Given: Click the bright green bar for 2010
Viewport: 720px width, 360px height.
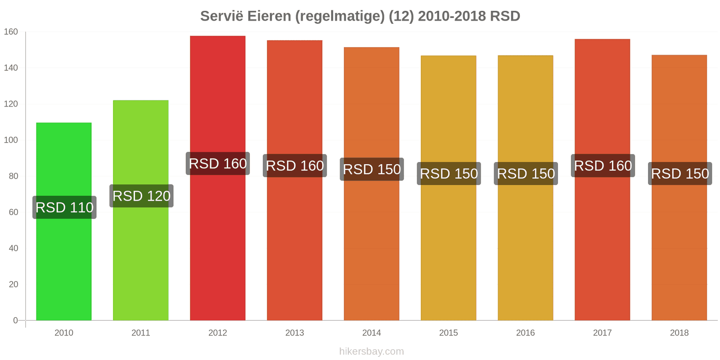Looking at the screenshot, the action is point(63,221).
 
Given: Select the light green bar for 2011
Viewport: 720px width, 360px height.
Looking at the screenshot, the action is point(141,210).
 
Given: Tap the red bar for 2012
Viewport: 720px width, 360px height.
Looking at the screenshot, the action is point(218,178).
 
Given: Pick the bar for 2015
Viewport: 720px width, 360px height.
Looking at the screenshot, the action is point(448,188).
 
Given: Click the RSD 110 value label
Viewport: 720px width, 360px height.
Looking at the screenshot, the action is point(64,207).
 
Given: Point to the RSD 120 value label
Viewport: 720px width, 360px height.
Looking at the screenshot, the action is point(141,196).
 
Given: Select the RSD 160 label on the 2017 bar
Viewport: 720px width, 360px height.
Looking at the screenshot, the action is point(603,166).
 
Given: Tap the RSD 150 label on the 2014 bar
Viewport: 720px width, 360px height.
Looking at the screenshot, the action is point(372,169).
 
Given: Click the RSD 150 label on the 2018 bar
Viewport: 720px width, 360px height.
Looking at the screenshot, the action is point(680,174).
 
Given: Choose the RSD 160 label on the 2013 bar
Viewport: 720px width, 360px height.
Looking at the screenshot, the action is point(295,166).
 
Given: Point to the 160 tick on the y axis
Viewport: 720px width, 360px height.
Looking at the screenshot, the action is point(11,32).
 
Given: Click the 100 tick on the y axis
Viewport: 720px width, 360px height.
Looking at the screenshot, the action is point(11,140).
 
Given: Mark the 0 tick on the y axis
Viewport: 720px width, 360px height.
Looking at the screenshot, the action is point(15,320).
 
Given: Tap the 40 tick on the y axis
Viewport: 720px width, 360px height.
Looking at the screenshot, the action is point(13,248).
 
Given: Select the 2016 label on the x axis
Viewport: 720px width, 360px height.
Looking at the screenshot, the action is point(526,333).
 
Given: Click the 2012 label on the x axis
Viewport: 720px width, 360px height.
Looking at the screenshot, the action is point(218,333).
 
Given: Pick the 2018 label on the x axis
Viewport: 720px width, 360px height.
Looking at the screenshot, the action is point(679,333).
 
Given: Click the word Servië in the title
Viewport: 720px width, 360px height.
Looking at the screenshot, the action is point(221,16).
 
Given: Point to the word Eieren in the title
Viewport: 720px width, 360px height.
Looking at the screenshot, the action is point(269,16).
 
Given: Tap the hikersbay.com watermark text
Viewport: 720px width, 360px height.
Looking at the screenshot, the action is point(372,351).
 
